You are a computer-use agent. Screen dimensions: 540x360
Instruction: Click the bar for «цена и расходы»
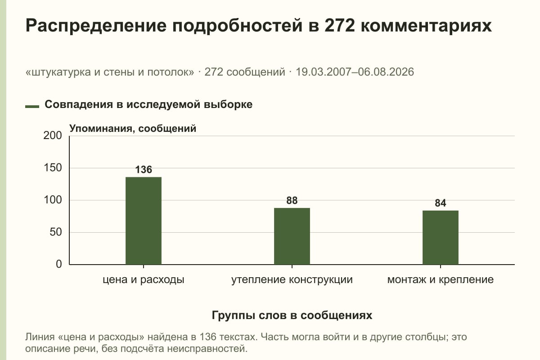tap(144, 220)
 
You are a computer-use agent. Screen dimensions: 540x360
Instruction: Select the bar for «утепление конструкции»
tap(292, 236)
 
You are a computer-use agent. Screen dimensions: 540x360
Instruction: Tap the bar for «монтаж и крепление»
tap(441, 238)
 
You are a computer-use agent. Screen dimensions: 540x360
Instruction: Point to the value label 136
tap(144, 170)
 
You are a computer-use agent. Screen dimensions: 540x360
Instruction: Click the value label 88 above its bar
tap(292, 200)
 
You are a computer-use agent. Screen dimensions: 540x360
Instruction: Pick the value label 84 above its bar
tap(441, 203)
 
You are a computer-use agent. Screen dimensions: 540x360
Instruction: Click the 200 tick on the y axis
tap(53, 135)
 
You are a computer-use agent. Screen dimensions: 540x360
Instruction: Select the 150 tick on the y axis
tap(53, 168)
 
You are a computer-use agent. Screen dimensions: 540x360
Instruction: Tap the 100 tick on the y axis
tap(53, 200)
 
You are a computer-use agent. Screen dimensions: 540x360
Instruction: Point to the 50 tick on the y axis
tap(56, 232)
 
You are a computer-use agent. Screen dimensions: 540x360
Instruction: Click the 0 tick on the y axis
tap(59, 264)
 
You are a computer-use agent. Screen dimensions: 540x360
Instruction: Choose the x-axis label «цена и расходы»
tap(144, 280)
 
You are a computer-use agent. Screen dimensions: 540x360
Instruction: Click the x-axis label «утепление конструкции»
tap(292, 280)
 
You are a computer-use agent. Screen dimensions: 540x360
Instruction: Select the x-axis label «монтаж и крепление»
tap(441, 280)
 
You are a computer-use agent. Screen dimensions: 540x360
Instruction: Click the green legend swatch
tap(32, 107)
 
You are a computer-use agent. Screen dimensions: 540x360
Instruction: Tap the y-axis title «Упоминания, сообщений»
tap(133, 129)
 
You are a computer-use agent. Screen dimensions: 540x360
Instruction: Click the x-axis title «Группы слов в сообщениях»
tap(292, 315)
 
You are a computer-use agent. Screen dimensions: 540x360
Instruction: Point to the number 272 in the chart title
tap(339, 26)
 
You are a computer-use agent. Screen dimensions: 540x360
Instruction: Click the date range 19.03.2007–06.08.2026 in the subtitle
tap(355, 72)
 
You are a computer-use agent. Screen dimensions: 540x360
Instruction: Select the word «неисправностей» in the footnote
tap(207, 349)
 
